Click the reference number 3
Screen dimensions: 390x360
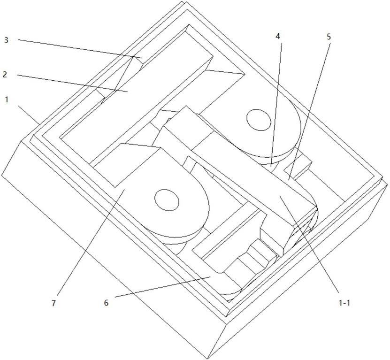pos(6,40)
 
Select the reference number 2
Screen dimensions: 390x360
pos(5,74)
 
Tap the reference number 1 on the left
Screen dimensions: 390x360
pos(7,100)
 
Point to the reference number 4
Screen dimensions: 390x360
pos(278,36)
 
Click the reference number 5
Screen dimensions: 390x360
pos(329,37)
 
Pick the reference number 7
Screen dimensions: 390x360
pos(54,303)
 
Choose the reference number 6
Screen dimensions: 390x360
pos(106,303)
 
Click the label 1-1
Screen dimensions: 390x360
pos(344,303)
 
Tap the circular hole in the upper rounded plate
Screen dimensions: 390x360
pos(259,120)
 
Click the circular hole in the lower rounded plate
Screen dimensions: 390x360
pos(167,200)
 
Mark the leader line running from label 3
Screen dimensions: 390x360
pos(80,48)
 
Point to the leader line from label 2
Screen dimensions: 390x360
pos(72,84)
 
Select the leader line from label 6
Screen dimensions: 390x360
pos(163,286)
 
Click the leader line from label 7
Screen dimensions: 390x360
pos(91,242)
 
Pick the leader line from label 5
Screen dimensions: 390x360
pos(309,111)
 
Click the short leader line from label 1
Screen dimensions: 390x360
pos(29,115)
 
